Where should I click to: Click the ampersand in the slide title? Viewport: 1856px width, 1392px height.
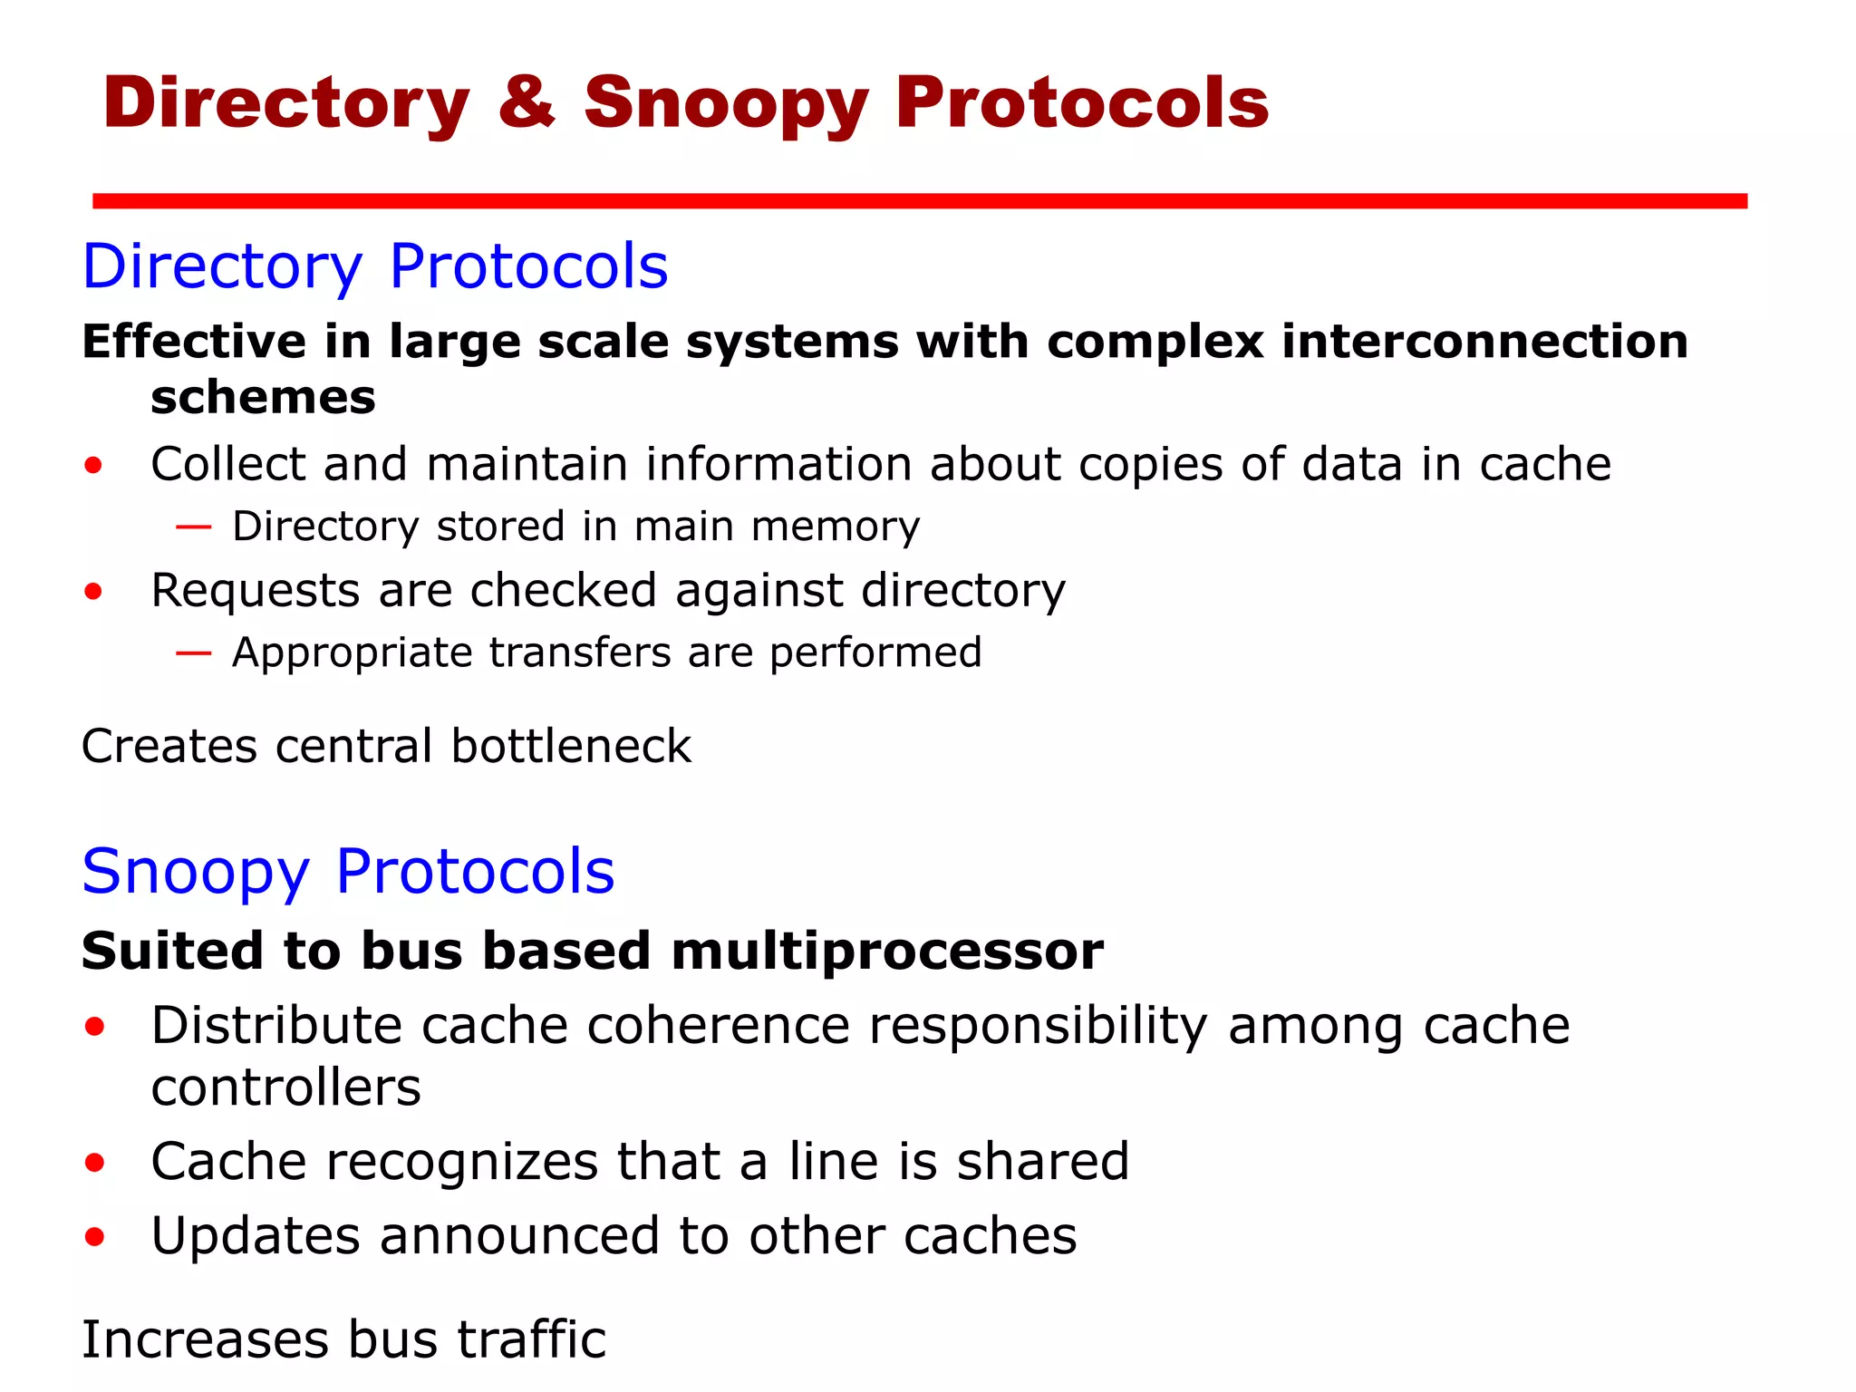pyautogui.click(x=526, y=102)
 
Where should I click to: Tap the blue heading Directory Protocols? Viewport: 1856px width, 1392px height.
pyautogui.click(x=375, y=266)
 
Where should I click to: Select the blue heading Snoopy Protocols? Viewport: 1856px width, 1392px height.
pyautogui.click(x=348, y=872)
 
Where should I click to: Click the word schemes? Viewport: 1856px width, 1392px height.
pyautogui.click(x=263, y=397)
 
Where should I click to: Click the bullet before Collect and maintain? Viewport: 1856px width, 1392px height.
pyautogui.click(x=93, y=466)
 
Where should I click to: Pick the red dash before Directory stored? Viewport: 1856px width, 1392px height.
pyautogui.click(x=193, y=526)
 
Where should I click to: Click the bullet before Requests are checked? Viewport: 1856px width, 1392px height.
pyautogui.click(x=93, y=592)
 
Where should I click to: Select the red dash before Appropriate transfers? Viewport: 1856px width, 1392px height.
pyautogui.click(x=193, y=652)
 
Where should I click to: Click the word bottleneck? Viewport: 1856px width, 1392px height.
pyautogui.click(x=571, y=746)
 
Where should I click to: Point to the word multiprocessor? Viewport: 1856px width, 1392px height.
pyautogui.click(x=887, y=952)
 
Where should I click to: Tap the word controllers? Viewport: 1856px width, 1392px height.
pyautogui.click(x=286, y=1087)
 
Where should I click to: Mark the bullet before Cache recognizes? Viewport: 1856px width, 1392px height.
pyautogui.click(x=94, y=1163)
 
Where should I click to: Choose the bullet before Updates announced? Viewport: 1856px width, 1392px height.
pyautogui.click(x=94, y=1237)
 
